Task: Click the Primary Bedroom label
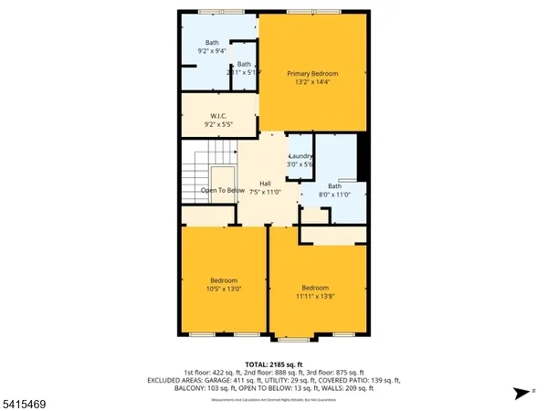(x=312, y=73)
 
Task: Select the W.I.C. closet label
(x=218, y=116)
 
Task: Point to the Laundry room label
(x=301, y=156)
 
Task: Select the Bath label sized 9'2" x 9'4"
(x=212, y=42)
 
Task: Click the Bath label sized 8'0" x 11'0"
(x=334, y=185)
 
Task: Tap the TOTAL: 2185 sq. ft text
(x=274, y=364)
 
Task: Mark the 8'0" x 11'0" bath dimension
(x=334, y=195)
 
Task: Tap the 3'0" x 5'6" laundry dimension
(x=301, y=165)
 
